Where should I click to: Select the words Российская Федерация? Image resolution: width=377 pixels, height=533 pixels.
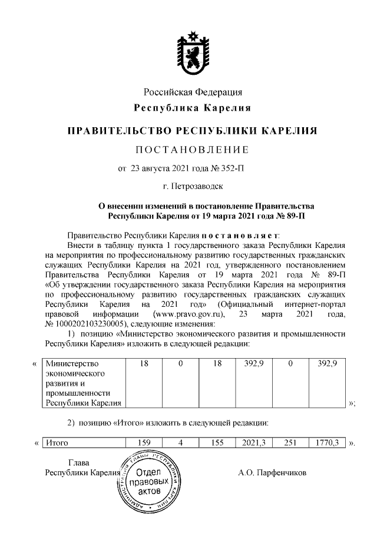[x=193, y=92]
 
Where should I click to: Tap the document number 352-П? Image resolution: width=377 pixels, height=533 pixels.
[x=232, y=168]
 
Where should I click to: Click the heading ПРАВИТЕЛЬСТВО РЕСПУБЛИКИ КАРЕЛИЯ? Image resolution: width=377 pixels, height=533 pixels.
[x=193, y=129]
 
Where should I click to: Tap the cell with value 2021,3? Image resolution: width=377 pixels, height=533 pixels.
[x=253, y=442]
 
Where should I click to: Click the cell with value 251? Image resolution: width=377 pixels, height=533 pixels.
[x=290, y=442]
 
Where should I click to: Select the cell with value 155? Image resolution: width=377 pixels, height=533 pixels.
[x=217, y=442]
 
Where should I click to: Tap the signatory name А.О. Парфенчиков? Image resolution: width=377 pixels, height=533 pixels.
[x=272, y=472]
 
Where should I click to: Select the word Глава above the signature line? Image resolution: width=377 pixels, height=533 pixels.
[x=78, y=462]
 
